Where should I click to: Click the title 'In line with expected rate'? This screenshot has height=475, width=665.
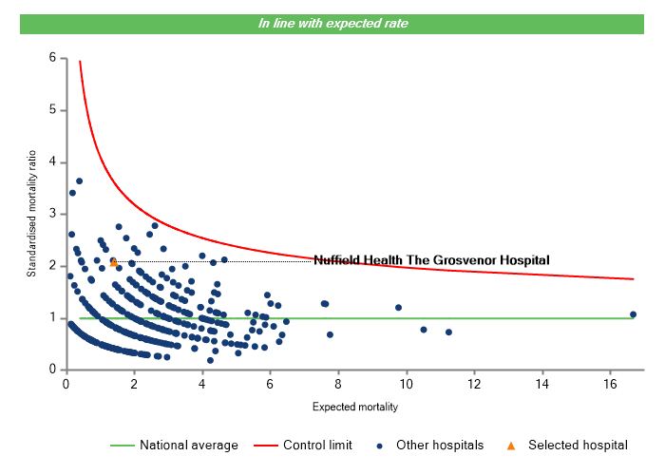tap(332, 24)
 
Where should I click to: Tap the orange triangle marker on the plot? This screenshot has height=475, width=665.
tap(114, 261)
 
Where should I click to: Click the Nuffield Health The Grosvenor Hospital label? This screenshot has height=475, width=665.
tap(431, 260)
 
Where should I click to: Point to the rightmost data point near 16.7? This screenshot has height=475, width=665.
tap(633, 314)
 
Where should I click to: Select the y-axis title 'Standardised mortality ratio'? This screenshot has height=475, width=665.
tap(31, 214)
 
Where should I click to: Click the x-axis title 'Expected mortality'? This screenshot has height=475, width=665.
tap(354, 408)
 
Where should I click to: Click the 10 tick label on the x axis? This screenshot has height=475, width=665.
tap(406, 384)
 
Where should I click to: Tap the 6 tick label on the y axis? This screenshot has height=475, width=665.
tap(53, 58)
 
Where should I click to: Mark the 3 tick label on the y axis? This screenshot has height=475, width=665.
tap(53, 215)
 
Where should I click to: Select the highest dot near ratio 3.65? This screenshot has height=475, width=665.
tap(80, 180)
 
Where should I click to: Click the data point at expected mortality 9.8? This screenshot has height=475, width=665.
tap(399, 307)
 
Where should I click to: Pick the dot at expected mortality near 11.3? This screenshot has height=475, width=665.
tap(448, 332)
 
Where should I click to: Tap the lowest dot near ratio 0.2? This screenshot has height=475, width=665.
tap(210, 360)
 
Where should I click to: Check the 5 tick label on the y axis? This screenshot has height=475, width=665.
tap(53, 110)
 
